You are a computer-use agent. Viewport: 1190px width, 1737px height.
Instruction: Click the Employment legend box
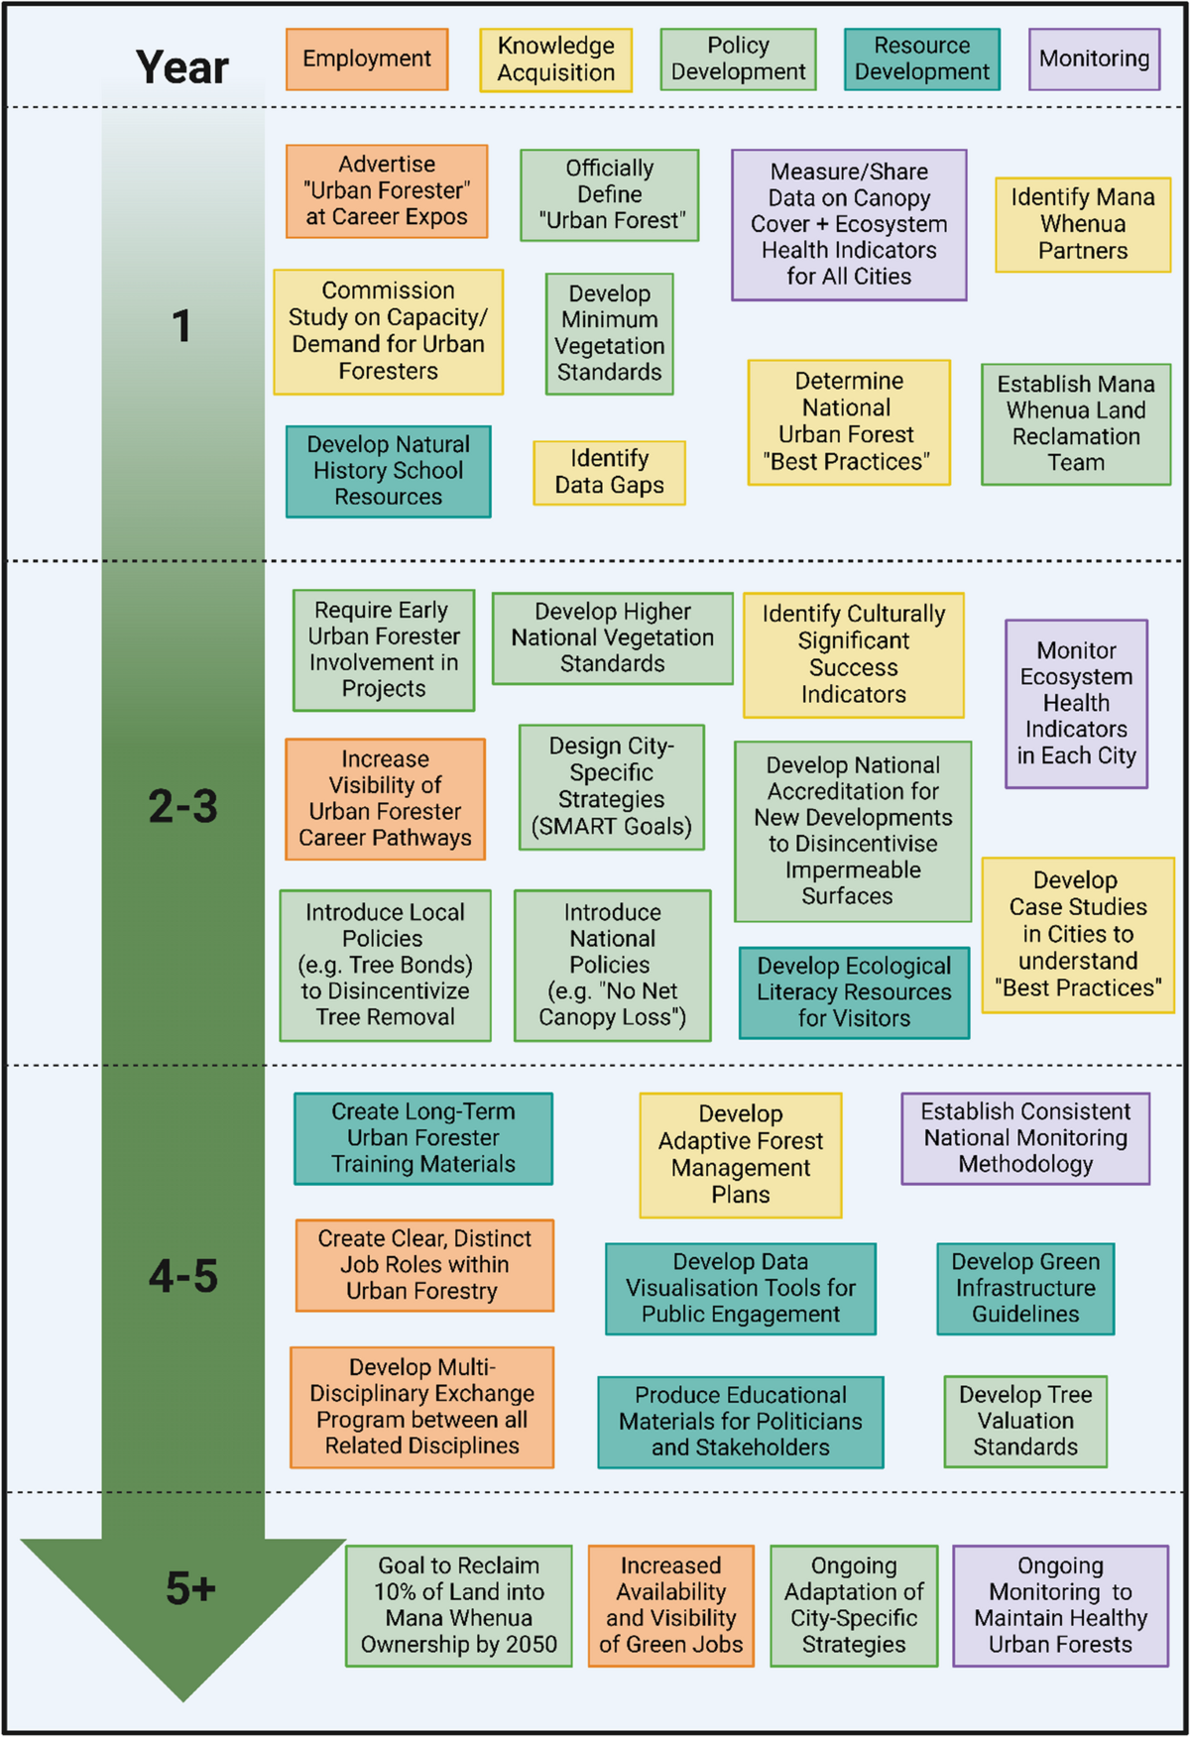pos(367,59)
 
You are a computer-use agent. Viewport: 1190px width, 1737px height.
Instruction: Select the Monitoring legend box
pos(1094,59)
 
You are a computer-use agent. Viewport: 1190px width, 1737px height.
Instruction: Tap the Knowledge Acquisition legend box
pos(555,59)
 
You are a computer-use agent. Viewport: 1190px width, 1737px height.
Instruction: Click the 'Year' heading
pos(182,67)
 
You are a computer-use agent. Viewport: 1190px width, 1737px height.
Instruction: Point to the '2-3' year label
pos(182,806)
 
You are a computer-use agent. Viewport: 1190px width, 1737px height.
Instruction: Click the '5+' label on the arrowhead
pos(190,1588)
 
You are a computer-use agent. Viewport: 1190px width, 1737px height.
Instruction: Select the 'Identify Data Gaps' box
pos(609,473)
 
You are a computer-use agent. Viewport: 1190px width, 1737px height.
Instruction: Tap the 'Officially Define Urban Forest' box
pos(609,195)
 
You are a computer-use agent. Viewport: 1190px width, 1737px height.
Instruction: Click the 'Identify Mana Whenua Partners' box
pos(1082,224)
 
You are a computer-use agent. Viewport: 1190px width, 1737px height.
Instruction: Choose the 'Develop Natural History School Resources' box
pos(388,471)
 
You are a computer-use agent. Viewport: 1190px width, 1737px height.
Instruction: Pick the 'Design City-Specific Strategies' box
pos(611,787)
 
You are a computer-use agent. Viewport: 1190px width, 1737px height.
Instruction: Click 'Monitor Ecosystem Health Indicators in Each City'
pos(1076,704)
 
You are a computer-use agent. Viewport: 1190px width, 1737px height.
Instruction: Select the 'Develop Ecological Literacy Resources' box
pos(854,992)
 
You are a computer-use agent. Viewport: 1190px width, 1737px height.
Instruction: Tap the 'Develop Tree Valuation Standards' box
pos(1024,1421)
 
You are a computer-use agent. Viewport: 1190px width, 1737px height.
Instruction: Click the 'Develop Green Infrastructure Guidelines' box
pos(1025,1288)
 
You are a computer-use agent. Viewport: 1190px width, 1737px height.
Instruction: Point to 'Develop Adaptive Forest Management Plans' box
pos(740,1155)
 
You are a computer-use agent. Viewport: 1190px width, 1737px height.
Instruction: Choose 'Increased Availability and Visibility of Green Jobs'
pos(670,1605)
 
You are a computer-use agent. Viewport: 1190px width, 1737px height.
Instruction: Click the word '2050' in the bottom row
pos(531,1645)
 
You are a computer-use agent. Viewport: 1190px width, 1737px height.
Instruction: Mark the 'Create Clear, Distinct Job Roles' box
pos(424,1265)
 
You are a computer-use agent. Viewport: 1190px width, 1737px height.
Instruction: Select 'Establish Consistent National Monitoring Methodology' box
pos(1025,1138)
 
